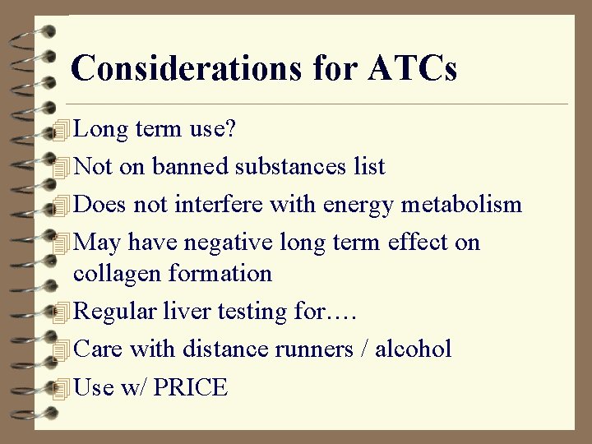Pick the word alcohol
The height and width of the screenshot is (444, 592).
click(413, 349)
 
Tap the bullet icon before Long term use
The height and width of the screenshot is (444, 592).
click(58, 129)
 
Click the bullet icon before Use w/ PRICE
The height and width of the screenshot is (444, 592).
click(58, 388)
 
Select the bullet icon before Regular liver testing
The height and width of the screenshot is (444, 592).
click(58, 312)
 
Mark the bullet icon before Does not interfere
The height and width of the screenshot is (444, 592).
click(58, 205)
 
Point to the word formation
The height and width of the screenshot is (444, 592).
click(220, 272)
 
